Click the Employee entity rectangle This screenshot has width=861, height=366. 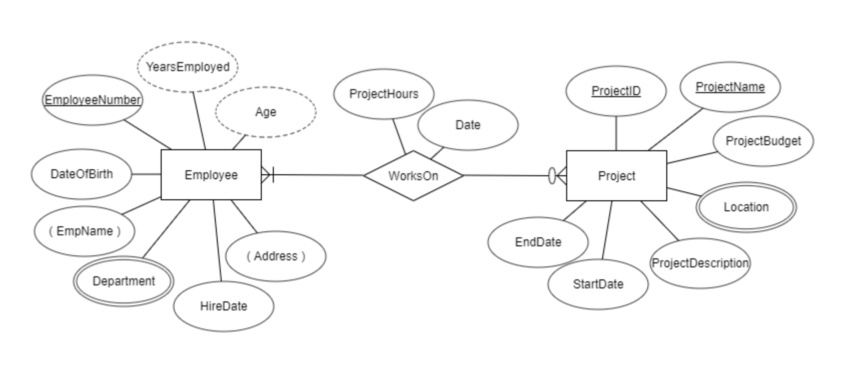(x=211, y=175)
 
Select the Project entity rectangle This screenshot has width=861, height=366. (x=616, y=176)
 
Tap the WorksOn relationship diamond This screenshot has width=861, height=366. (x=413, y=176)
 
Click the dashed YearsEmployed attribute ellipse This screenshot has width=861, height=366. (x=188, y=67)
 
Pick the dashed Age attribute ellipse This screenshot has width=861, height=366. (x=265, y=112)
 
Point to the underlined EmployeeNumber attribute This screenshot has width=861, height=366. (x=93, y=100)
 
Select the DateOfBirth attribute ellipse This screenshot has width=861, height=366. (x=81, y=174)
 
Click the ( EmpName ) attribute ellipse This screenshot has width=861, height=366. (x=85, y=231)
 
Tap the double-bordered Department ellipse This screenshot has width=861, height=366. (x=124, y=281)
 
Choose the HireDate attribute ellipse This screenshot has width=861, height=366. (x=223, y=306)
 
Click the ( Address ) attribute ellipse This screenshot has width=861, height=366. (x=275, y=256)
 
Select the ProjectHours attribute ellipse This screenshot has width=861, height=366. (x=383, y=94)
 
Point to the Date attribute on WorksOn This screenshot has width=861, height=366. (x=468, y=125)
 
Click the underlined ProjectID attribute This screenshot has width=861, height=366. (x=616, y=91)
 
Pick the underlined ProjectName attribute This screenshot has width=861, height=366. (x=730, y=87)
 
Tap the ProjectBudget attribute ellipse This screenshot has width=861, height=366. (x=763, y=141)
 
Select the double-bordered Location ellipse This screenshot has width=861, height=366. (x=746, y=207)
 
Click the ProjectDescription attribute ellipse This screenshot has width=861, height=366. (x=700, y=263)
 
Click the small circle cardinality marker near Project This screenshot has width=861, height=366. (x=552, y=176)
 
